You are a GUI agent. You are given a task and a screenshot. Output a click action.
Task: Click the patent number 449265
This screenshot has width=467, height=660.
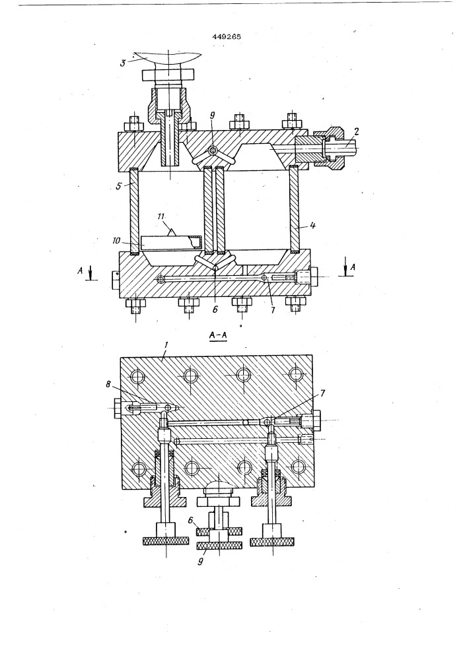coord(227,36)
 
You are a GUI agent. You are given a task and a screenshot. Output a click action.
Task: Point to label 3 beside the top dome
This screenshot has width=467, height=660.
coord(123,63)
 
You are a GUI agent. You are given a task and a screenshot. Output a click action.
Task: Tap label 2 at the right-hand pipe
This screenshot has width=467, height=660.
coord(356,131)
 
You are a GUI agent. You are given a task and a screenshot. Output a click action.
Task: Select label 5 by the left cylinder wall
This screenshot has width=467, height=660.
coord(119,185)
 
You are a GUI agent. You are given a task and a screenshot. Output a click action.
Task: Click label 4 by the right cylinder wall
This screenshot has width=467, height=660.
coord(312,225)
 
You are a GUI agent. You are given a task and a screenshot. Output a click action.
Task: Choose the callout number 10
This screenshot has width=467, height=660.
coord(117,241)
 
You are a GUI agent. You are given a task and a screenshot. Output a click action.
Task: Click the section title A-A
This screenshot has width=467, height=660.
coord(218,337)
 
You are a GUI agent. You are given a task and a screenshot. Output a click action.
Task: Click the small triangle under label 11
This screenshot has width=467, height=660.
coord(172,232)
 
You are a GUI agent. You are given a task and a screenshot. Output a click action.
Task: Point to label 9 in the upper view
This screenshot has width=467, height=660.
coord(212,114)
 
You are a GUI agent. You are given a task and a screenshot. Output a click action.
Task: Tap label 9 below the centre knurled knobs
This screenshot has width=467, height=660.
coord(200,561)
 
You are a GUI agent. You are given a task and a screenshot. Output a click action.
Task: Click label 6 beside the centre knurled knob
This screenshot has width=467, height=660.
coord(191,520)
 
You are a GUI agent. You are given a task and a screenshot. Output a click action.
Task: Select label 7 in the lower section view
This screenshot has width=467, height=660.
coord(323,393)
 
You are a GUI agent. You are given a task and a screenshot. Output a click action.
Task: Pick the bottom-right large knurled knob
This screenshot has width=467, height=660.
coord(271,542)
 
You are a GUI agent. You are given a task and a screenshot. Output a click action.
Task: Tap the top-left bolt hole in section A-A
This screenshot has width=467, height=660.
coord(137,377)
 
